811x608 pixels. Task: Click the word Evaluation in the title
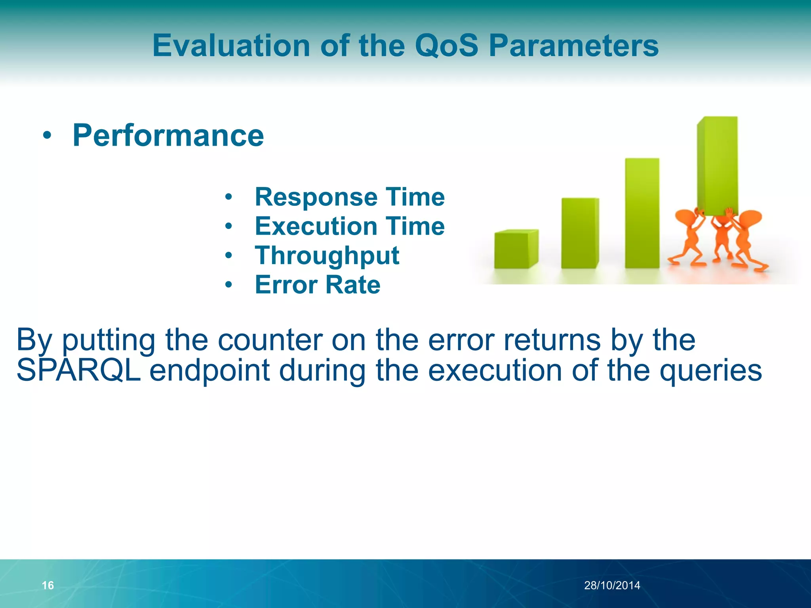231,46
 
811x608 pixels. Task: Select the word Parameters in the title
573,46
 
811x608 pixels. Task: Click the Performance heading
168,135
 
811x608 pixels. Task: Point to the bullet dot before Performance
47,136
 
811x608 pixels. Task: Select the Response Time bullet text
350,197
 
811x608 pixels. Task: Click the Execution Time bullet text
350,226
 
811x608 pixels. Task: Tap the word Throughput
327,256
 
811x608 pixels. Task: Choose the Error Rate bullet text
318,285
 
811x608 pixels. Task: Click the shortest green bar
516,249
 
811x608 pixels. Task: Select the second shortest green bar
580,234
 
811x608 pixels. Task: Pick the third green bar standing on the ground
642,214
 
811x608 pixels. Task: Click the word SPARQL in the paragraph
79,370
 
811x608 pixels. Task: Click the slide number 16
48,585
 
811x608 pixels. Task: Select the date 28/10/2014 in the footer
612,585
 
